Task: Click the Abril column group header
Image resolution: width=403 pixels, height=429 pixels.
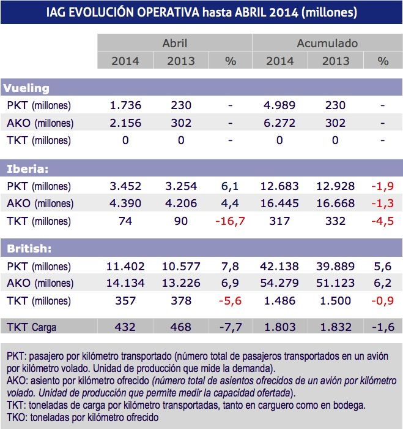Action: point(175,44)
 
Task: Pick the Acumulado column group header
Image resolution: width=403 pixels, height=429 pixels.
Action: point(327,44)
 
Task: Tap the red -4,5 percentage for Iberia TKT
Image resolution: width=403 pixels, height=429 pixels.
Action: point(383,221)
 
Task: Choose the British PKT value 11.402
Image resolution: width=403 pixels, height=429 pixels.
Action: point(125,267)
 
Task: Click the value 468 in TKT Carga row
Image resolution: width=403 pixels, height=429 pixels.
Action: point(180,327)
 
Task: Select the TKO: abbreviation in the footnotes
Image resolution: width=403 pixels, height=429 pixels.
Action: point(17,417)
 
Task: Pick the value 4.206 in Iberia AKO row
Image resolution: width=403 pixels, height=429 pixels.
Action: point(180,203)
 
